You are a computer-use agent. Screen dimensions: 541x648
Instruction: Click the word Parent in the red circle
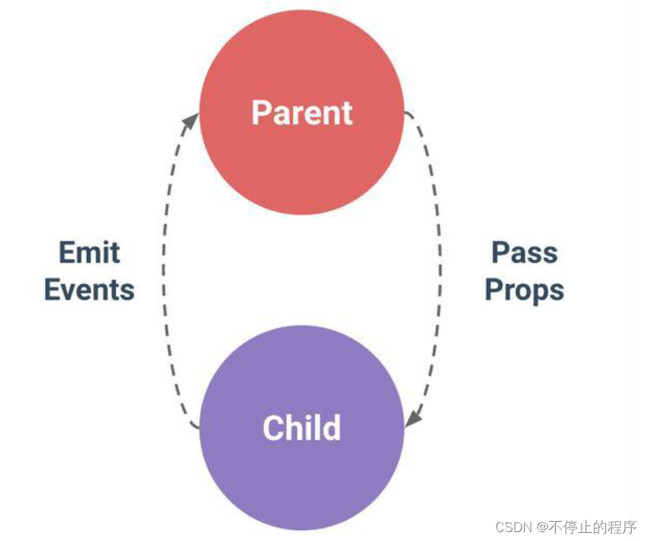pyautogui.click(x=302, y=113)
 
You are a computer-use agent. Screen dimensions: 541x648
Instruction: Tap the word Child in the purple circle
pyautogui.click(x=302, y=428)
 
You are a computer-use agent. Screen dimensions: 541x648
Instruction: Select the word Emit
pyautogui.click(x=89, y=253)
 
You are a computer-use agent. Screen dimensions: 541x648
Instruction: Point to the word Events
pyautogui.click(x=89, y=290)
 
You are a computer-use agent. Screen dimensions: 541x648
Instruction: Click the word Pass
pyautogui.click(x=524, y=253)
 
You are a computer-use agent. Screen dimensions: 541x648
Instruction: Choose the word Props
pyautogui.click(x=524, y=290)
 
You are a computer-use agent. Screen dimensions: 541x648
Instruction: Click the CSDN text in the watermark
pyautogui.click(x=514, y=527)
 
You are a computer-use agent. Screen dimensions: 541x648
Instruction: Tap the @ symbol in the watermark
pyautogui.click(x=541, y=527)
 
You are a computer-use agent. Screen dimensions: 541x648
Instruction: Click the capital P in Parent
pyautogui.click(x=261, y=113)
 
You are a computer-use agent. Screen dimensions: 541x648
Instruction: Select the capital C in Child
pyautogui.click(x=273, y=428)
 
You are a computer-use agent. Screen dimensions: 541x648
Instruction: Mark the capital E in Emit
pyautogui.click(x=66, y=253)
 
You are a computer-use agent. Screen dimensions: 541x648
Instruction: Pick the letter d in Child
pyautogui.click(x=331, y=428)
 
